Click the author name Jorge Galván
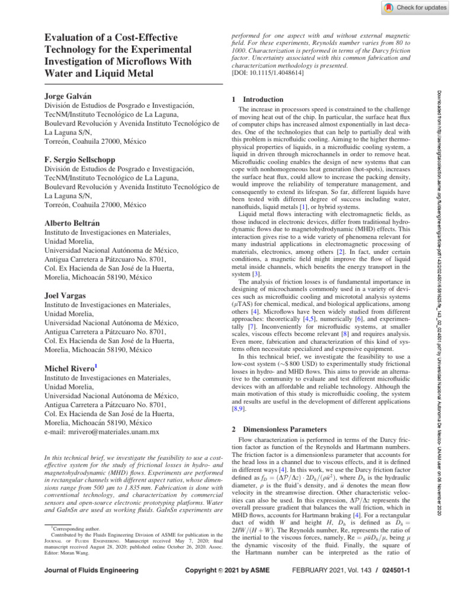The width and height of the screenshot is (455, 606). [65, 95]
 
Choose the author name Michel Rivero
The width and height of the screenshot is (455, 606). [69, 368]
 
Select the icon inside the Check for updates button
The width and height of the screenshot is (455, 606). [388, 7]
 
